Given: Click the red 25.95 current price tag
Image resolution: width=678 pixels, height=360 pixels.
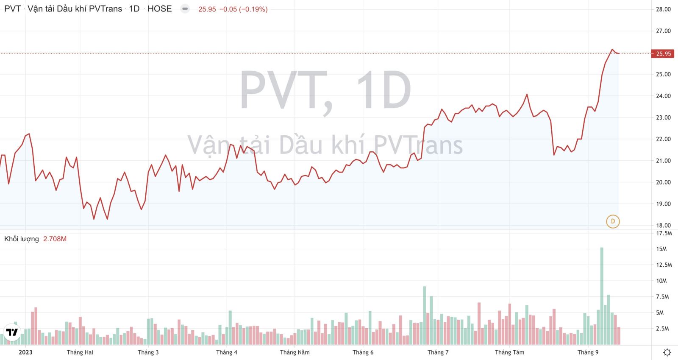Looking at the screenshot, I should [x=663, y=54].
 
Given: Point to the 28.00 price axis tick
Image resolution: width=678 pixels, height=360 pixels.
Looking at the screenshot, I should [x=663, y=9].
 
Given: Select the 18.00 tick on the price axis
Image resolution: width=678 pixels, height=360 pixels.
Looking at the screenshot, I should [x=663, y=226].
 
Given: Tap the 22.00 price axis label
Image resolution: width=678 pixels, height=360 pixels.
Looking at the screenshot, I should [x=663, y=139].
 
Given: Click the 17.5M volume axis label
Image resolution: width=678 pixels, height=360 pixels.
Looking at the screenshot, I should [x=664, y=234].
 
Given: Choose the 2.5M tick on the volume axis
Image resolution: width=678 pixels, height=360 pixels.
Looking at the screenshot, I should [x=662, y=329].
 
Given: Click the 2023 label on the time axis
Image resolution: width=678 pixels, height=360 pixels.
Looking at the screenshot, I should [x=25, y=352].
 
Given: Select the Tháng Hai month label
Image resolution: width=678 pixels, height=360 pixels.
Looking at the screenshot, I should [x=80, y=352].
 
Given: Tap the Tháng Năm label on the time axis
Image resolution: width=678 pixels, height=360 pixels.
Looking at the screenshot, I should [x=295, y=352].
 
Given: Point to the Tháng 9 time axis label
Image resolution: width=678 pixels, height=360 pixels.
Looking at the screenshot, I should [x=588, y=352].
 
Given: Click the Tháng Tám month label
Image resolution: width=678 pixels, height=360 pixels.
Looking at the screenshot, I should [x=509, y=352].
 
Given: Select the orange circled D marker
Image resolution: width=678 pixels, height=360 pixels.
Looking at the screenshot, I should [x=613, y=221].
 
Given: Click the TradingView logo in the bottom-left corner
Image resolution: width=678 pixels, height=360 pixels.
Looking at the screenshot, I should [x=12, y=332].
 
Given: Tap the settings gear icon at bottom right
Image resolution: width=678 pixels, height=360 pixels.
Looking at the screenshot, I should [x=667, y=352].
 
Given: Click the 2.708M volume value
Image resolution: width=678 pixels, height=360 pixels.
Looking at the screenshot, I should [x=55, y=239].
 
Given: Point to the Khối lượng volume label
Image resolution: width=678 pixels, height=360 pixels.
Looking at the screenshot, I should [x=21, y=239].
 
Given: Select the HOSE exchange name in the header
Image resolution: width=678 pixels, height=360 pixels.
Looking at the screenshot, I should [x=159, y=9].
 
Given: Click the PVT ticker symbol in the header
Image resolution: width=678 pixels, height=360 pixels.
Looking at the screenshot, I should [x=12, y=9].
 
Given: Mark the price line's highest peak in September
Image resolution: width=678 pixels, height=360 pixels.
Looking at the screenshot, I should [x=612, y=50].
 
